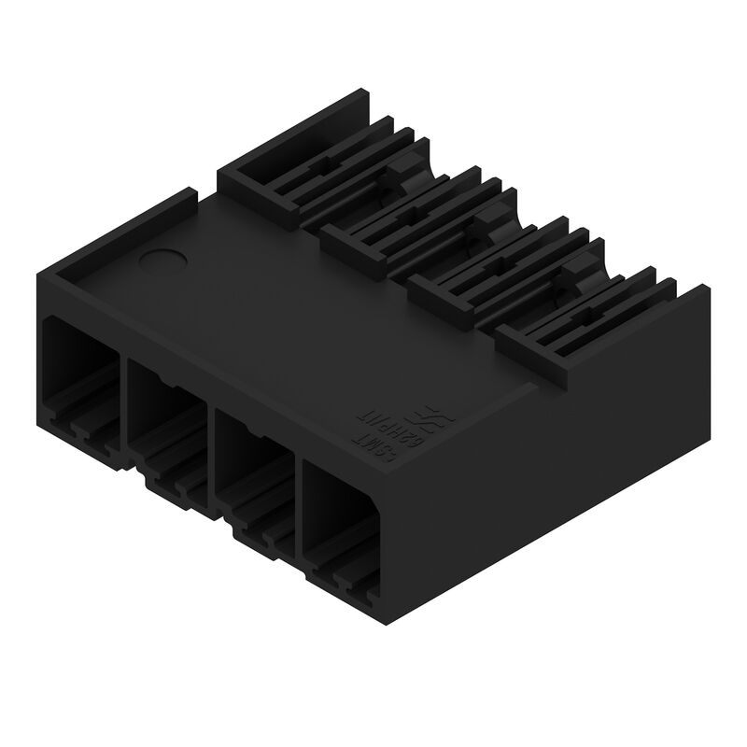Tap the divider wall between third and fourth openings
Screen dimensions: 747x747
(x=298, y=504)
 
